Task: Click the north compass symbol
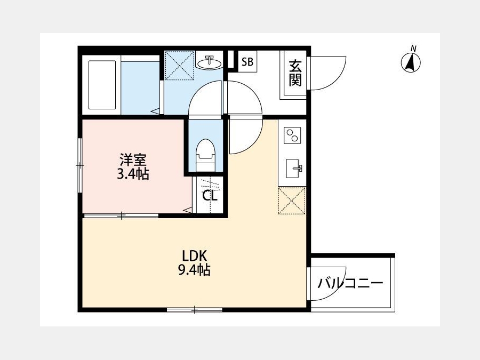click(411, 62)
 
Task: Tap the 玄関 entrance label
click(295, 74)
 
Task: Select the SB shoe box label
click(247, 62)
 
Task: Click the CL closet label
click(210, 196)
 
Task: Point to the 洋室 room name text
click(133, 160)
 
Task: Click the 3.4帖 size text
click(133, 174)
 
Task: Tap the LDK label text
click(195, 255)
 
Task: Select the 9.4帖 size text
click(194, 270)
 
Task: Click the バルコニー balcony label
click(350, 283)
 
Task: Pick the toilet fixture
click(206, 155)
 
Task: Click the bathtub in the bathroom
click(102, 85)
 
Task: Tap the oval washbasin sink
click(209, 63)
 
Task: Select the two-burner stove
click(292, 135)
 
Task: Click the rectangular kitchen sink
click(293, 169)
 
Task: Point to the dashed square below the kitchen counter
click(292, 201)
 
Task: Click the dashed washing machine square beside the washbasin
click(179, 66)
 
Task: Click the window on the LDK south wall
click(194, 310)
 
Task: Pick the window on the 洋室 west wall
click(80, 165)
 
